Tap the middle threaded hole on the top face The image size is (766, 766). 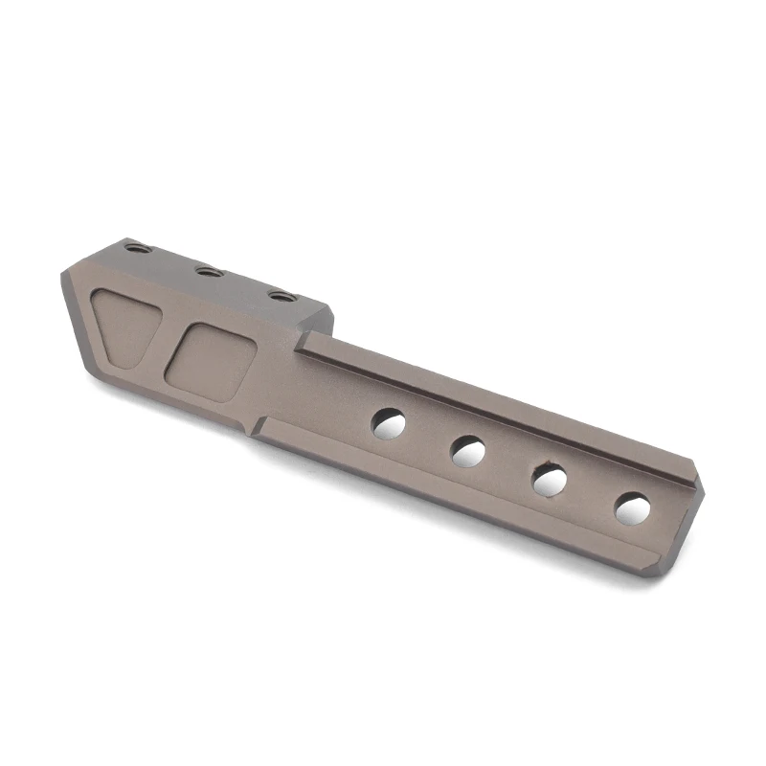pyautogui.click(x=209, y=272)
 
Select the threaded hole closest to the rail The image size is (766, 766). pyautogui.click(x=279, y=296)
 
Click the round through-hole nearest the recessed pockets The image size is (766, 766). pyautogui.click(x=388, y=421)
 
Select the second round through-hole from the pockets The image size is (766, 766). pyautogui.click(x=468, y=449)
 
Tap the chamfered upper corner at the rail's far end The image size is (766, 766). pyautogui.click(x=697, y=479)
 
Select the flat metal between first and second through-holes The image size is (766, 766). pyautogui.click(x=428, y=436)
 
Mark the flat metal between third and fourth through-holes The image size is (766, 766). pyautogui.click(x=591, y=493)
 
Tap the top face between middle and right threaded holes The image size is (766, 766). pyautogui.click(x=244, y=284)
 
